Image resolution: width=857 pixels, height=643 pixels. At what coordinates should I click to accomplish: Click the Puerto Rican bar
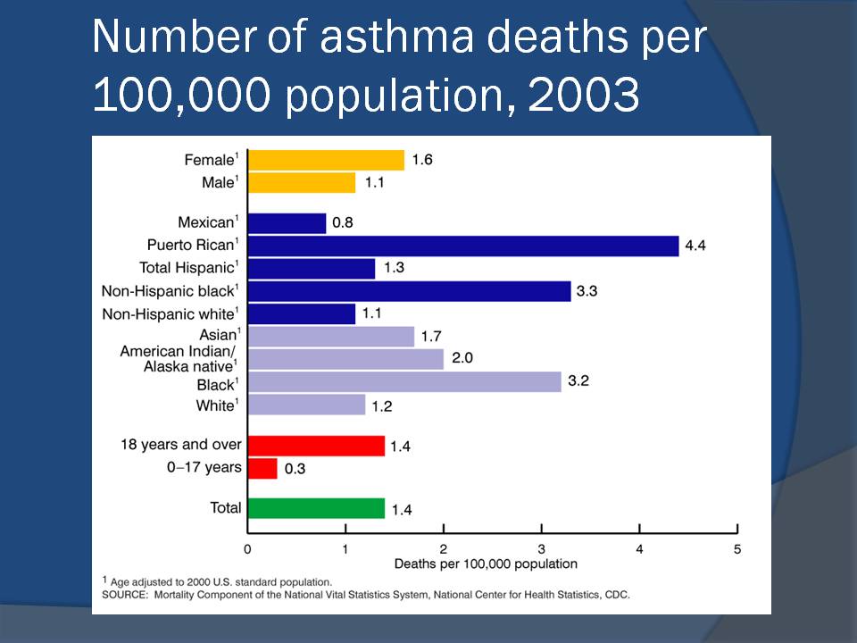[x=462, y=246]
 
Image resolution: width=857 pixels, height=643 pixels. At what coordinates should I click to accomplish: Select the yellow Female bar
[x=326, y=160]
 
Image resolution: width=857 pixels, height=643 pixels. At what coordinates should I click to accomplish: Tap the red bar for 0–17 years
[x=262, y=468]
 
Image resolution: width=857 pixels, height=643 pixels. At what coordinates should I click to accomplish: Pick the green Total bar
[x=316, y=508]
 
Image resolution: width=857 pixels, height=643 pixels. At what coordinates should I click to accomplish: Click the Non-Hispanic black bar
[x=409, y=291]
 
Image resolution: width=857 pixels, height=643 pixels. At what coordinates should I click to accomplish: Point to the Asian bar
[x=331, y=337]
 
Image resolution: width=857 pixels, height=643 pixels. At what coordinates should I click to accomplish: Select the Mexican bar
[x=287, y=223]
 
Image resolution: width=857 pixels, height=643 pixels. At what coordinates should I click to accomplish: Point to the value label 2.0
[x=462, y=360]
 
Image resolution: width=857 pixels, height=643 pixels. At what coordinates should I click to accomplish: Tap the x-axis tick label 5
[x=737, y=548]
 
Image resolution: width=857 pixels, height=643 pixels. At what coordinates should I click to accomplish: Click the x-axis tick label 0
[x=248, y=548]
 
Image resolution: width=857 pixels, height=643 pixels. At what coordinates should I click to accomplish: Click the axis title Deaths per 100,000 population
[x=486, y=564]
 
